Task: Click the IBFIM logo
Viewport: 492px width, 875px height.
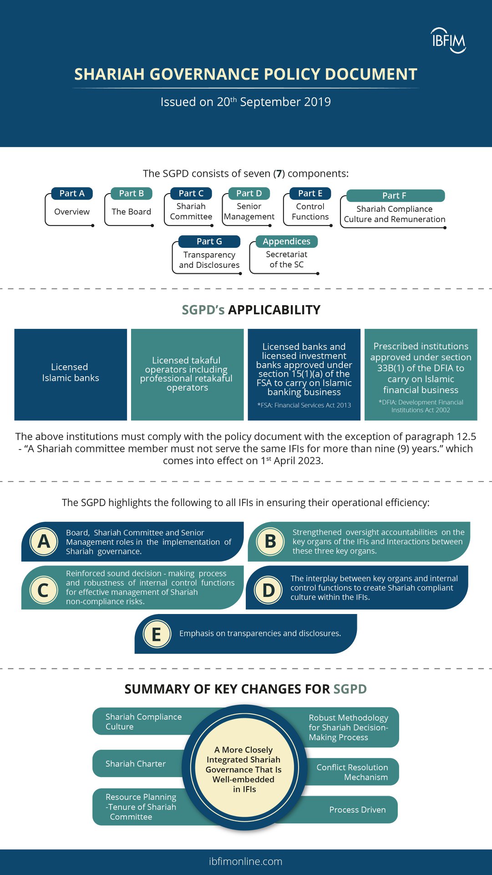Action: click(x=448, y=41)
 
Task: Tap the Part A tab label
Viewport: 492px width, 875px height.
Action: click(x=72, y=194)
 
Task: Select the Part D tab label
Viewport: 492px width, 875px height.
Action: click(x=249, y=194)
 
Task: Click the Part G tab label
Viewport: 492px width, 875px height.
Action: click(x=209, y=241)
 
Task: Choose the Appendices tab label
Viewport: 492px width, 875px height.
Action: click(x=286, y=241)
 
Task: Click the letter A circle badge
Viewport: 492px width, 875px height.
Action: click(x=44, y=542)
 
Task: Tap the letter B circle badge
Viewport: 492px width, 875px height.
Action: click(x=270, y=542)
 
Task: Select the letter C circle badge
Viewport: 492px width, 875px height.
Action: click(x=43, y=590)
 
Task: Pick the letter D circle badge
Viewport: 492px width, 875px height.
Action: click(x=269, y=590)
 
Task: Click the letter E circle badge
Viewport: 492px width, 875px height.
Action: click(x=157, y=634)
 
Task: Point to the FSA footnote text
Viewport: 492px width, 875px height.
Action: click(x=304, y=405)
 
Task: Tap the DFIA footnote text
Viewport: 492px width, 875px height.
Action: click(x=421, y=406)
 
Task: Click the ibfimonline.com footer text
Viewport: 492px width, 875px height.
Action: click(x=246, y=861)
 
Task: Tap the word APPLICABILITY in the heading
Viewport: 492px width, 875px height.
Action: click(x=274, y=310)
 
